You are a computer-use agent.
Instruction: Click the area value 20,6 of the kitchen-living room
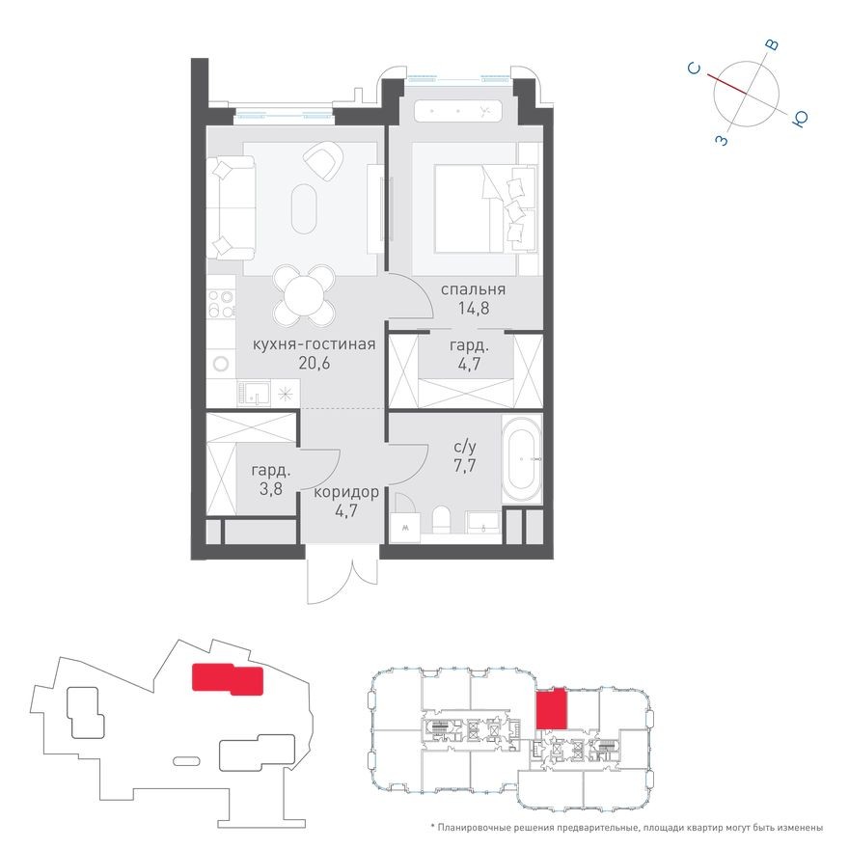(314, 363)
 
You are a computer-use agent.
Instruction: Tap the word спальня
(474, 289)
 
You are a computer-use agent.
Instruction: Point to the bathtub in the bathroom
(522, 458)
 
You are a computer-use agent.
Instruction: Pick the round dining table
(305, 295)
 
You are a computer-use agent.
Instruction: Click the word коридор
(345, 492)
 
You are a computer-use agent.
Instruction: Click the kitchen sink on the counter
(256, 393)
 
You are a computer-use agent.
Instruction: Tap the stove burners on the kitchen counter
(221, 300)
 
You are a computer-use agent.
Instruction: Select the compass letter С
(694, 68)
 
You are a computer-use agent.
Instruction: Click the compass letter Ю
(800, 120)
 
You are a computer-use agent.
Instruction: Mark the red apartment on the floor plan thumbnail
(551, 709)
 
